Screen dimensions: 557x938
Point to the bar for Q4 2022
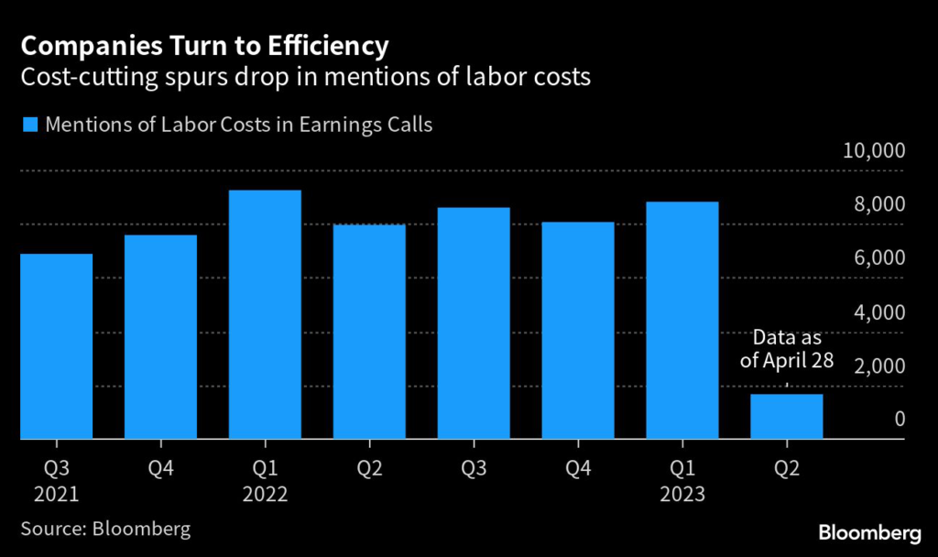(x=578, y=331)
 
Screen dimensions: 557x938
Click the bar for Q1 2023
(x=682, y=321)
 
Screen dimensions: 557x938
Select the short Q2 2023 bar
(x=787, y=417)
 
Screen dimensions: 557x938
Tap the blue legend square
(x=29, y=125)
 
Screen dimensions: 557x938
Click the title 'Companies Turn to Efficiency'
(x=205, y=45)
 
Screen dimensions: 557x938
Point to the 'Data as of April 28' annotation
(x=787, y=349)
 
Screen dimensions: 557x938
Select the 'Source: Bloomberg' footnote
(x=105, y=530)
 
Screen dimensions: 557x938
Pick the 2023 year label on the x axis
(x=682, y=495)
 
